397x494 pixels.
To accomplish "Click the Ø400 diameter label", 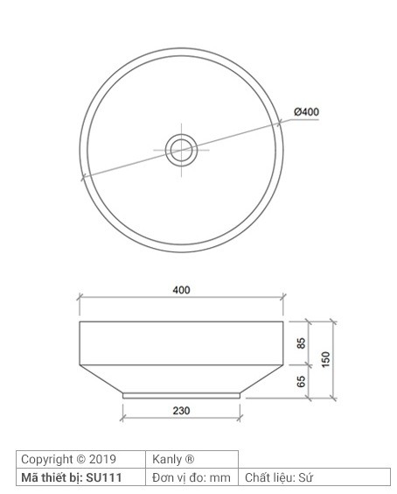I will (x=306, y=111).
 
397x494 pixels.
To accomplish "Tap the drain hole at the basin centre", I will (x=182, y=149).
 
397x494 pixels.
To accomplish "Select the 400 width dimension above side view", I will (x=181, y=290).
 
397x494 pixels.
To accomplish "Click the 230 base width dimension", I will (x=181, y=409).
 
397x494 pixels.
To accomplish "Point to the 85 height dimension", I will (x=301, y=343).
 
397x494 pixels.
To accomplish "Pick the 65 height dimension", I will (x=301, y=381).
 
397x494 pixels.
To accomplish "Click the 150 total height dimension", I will (x=325, y=359).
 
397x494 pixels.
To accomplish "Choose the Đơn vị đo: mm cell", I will (x=192, y=477).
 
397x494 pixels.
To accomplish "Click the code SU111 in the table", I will (x=104, y=477).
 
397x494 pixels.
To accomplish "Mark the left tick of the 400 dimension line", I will (x=80, y=299).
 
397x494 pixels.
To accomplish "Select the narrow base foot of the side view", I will (x=181, y=395).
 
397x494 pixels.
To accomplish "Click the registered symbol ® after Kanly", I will (x=189, y=459).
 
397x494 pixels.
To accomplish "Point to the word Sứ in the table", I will (x=305, y=477).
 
